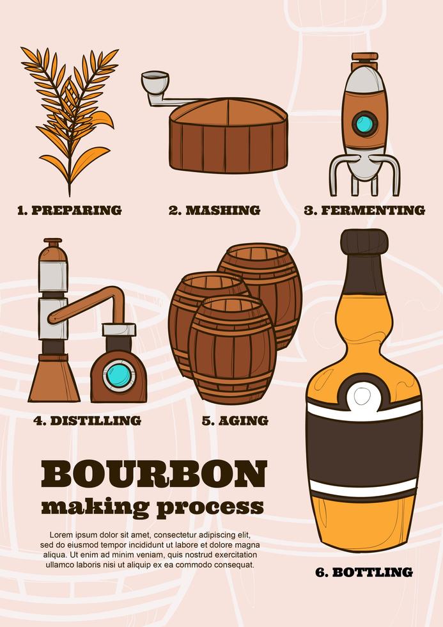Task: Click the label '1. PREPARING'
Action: point(69,210)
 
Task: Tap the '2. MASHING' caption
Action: point(214,210)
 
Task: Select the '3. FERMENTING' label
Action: point(364,210)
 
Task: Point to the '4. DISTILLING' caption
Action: point(87,420)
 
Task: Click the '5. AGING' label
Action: point(235,420)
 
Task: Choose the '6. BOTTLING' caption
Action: point(364,572)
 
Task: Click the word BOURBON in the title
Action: point(153,474)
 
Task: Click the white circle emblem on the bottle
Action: point(363,396)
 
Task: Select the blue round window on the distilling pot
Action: point(119,374)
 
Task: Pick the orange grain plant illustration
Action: point(70,115)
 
